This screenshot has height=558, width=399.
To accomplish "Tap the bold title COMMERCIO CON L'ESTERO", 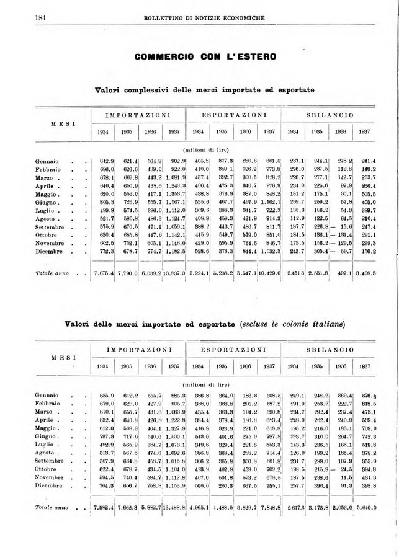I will pos(205,57).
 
